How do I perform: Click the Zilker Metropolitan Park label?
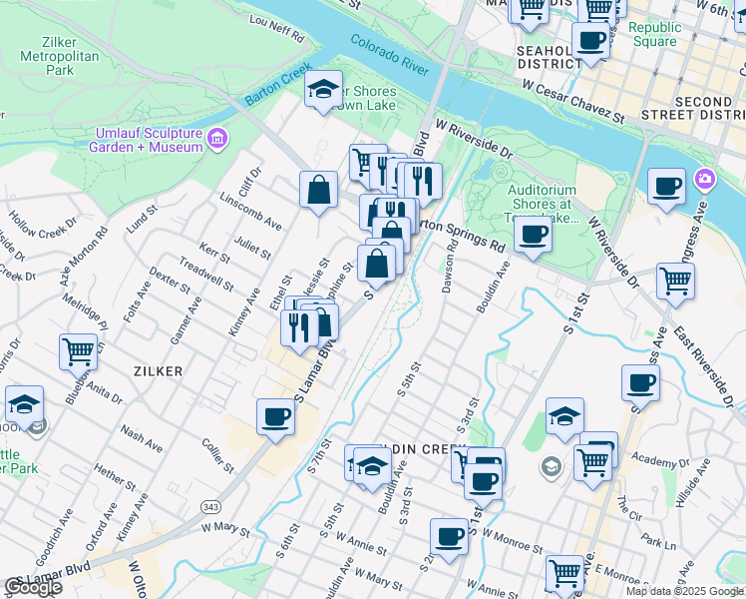pos(60,57)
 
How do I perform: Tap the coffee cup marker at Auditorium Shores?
pos(533,236)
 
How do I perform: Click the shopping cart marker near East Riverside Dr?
pos(676,283)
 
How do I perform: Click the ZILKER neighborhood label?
pos(158,370)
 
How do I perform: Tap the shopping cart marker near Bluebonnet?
pos(78,351)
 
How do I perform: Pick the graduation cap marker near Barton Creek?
pos(323,90)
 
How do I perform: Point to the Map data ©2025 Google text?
pos(684,591)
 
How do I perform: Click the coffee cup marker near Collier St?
pos(275,418)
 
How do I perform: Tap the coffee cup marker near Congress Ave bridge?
pos(666,187)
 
